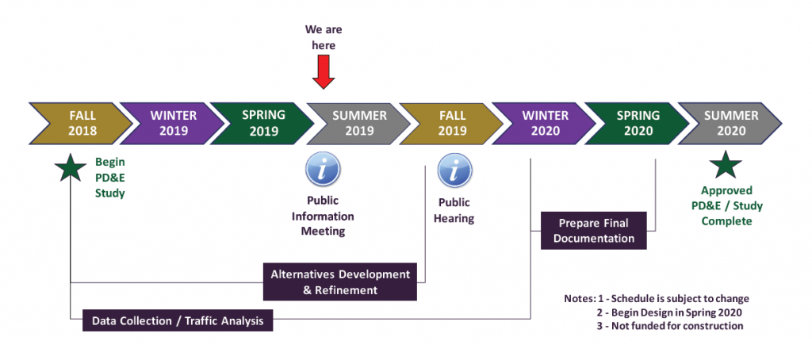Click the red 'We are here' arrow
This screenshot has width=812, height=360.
click(324, 71)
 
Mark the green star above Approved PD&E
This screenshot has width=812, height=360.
click(726, 165)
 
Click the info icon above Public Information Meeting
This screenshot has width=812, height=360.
click(323, 169)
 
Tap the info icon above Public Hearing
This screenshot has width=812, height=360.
click(454, 170)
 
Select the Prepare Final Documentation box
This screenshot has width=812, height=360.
click(593, 231)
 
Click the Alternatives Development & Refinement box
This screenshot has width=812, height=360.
click(339, 281)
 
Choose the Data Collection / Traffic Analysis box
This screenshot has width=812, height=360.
click(178, 320)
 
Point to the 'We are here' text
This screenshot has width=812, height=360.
click(324, 37)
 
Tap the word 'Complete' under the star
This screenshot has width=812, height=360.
click(726, 221)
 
